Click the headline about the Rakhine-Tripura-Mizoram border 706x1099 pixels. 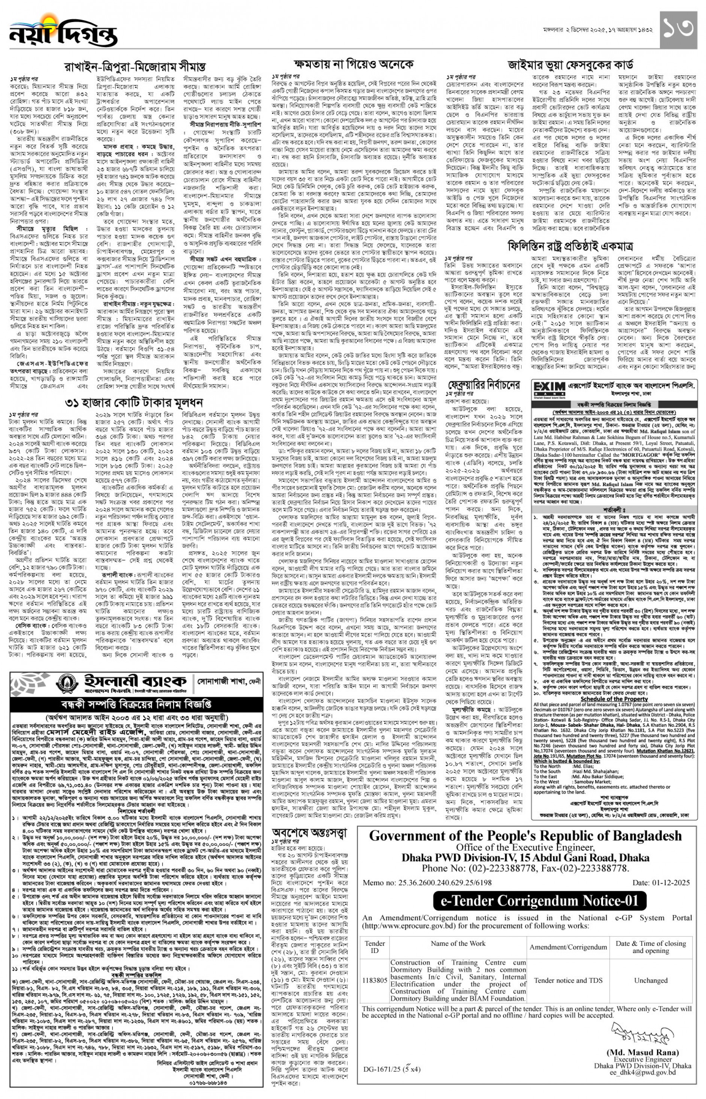pos(135,66)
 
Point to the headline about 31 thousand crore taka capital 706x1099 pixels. pos(134,403)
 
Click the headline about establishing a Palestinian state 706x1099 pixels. pos(570,246)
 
